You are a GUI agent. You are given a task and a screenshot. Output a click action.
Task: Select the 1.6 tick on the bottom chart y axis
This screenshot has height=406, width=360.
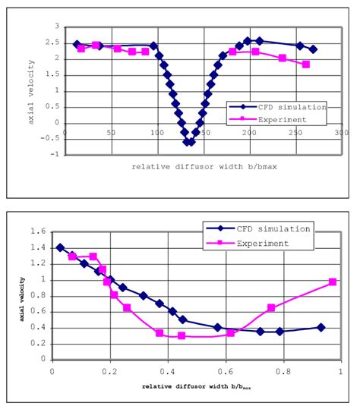point(41,232)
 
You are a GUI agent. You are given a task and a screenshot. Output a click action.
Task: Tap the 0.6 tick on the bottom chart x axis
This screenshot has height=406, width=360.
point(225,372)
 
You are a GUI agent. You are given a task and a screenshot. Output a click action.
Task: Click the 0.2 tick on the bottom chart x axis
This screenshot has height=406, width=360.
point(110,372)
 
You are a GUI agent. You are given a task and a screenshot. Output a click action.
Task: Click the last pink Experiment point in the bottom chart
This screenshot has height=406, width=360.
point(333,282)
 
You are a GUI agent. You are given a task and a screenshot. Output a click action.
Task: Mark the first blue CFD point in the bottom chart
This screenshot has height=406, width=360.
point(60,247)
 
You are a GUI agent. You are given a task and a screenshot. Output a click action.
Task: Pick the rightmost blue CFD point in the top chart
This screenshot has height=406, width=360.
point(313,49)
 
